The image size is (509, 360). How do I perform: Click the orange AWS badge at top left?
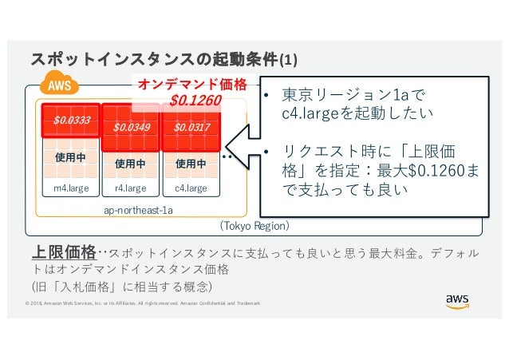coord(57,86)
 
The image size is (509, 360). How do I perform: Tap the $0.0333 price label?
coord(72,121)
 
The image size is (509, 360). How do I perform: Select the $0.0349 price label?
coord(130,126)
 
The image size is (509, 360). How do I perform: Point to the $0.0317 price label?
coord(191,126)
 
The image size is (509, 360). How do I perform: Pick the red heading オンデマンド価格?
coord(192,84)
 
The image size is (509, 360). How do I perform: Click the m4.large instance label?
coord(71,188)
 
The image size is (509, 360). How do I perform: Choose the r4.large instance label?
coord(131,188)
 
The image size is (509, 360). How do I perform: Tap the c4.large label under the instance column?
coord(191,188)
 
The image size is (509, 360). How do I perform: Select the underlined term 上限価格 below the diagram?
coord(63,253)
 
